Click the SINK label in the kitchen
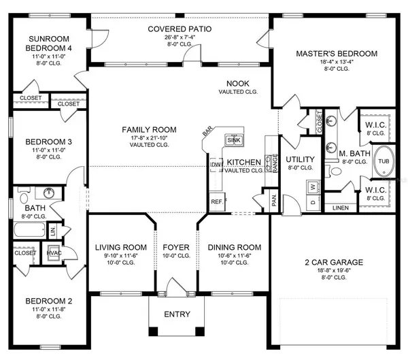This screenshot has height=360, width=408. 235,140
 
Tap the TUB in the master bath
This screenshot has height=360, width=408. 384,161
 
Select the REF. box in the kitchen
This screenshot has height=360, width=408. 218,201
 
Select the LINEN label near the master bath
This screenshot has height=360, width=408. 341,208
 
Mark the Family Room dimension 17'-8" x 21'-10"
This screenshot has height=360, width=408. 149,139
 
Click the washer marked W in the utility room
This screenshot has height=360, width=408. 312,184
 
